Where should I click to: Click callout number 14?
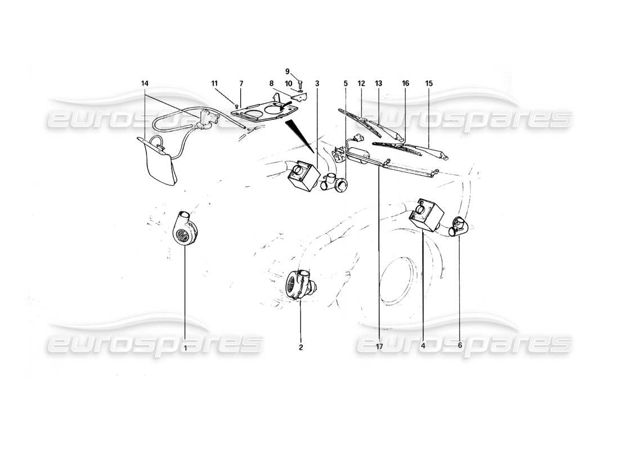click(x=145, y=84)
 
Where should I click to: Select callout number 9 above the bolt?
click(x=287, y=71)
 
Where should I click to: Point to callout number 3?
click(x=317, y=84)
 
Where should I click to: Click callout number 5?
click(x=346, y=84)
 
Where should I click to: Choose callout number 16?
click(x=405, y=84)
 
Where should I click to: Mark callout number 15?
click(x=429, y=84)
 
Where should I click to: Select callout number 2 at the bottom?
click(x=300, y=348)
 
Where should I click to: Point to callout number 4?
click(x=422, y=347)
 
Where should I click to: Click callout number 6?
click(x=459, y=347)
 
